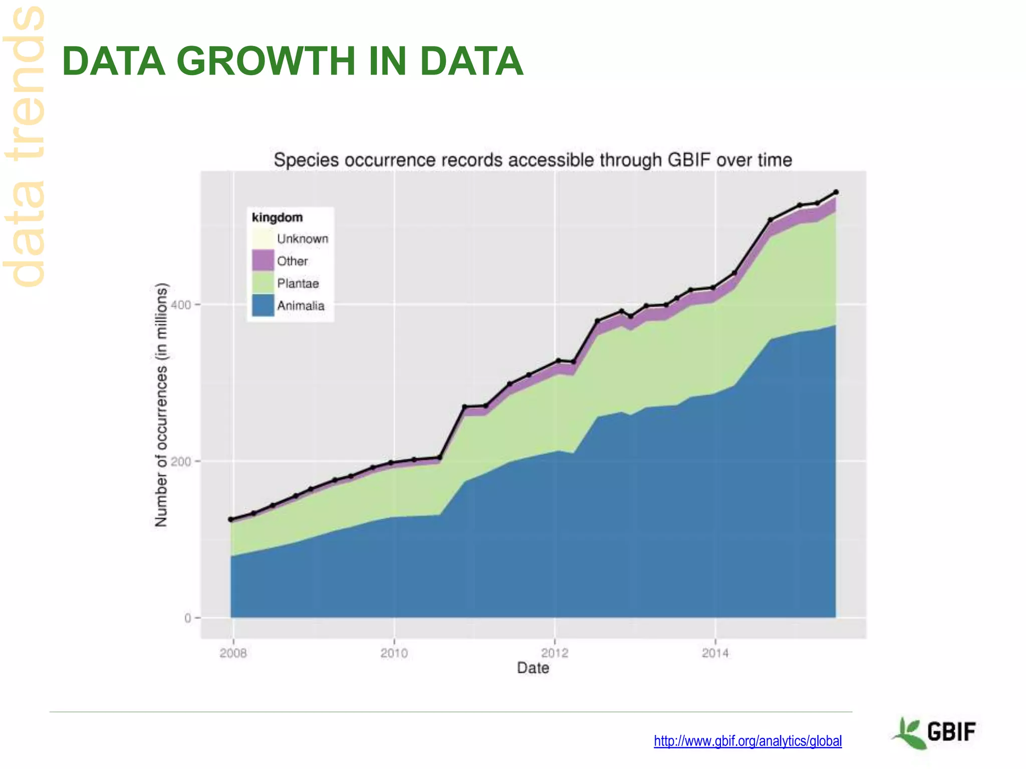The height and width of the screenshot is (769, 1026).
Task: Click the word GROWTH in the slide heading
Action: click(266, 61)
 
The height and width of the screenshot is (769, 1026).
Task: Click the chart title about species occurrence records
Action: click(533, 160)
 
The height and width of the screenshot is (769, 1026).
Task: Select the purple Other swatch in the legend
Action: click(263, 260)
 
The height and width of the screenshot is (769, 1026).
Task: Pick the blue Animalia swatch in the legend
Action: click(263, 305)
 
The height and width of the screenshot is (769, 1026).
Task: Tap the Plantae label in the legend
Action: click(298, 283)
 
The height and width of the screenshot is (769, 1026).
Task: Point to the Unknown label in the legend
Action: click(303, 239)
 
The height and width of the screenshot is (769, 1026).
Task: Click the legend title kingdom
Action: click(277, 217)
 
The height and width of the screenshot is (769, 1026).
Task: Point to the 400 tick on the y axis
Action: click(181, 304)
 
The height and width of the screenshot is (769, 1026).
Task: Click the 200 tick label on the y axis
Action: click(181, 461)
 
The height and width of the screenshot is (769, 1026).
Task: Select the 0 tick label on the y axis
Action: click(188, 618)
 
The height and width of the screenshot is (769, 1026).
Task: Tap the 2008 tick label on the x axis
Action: click(233, 653)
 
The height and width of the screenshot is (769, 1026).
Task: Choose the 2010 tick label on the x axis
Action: click(394, 653)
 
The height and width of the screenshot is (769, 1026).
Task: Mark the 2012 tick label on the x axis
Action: click(555, 653)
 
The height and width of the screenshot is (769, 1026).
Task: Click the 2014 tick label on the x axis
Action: click(715, 653)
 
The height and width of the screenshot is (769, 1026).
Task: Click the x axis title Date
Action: click(533, 668)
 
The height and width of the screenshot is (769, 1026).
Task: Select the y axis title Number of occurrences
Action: click(161, 406)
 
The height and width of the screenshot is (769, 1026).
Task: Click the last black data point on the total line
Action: click(836, 192)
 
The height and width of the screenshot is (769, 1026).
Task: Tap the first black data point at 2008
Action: click(231, 519)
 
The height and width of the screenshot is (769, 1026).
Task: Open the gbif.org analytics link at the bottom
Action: click(747, 741)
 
